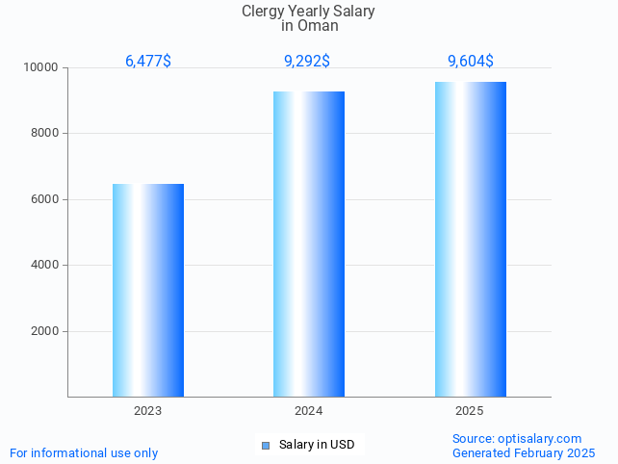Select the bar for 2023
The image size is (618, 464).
pos(148,290)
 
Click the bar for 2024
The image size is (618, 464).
pos(309,244)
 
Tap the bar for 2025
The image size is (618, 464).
pos(470,239)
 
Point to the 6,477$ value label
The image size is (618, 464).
pos(148,62)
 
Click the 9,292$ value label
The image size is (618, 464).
pos(307,62)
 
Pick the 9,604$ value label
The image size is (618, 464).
pos(471,62)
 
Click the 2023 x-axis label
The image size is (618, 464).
pos(148,411)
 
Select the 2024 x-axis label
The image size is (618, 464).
pos(309,411)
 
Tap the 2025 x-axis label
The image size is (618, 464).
pos(470,411)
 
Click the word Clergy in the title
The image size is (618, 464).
pos(262,12)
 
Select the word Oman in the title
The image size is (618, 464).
pos(318,26)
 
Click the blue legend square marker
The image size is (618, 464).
pos(266,445)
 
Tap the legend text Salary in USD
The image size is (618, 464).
pos(317,445)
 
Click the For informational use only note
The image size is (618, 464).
pos(84,453)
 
